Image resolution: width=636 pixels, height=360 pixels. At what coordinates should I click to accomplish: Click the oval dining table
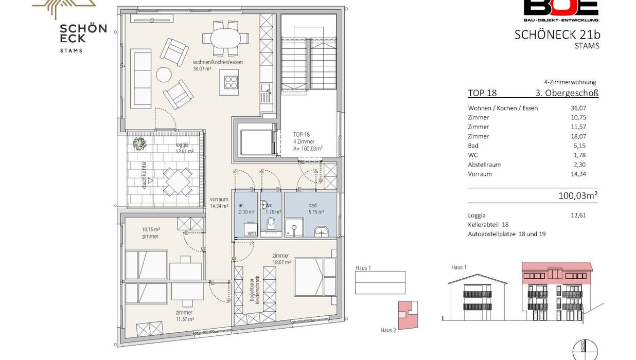[226, 38]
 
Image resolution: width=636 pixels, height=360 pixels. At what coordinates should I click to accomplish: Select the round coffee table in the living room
[164, 75]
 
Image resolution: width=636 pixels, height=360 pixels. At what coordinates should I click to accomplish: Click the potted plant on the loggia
[139, 143]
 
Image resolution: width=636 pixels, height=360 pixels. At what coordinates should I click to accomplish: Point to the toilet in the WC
[271, 223]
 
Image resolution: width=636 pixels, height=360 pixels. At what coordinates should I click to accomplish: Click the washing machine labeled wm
[251, 229]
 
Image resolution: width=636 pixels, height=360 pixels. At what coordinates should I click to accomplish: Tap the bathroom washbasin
[322, 231]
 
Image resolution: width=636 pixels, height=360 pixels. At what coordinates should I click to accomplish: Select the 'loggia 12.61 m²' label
[184, 148]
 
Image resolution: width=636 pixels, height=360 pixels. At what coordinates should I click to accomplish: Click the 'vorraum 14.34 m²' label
[219, 203]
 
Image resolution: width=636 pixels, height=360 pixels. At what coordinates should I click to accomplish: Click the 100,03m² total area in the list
[578, 195]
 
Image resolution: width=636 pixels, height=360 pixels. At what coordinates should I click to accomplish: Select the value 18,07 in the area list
[578, 136]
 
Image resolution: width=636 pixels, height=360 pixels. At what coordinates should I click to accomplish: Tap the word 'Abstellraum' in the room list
[484, 165]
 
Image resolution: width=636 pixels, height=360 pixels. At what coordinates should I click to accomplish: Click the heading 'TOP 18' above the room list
[482, 93]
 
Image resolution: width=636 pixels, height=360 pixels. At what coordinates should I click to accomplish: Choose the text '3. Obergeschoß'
[567, 93]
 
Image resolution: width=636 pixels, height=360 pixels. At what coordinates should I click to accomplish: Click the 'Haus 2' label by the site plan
[388, 330]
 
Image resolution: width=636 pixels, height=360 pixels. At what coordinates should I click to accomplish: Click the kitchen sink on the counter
[266, 93]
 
